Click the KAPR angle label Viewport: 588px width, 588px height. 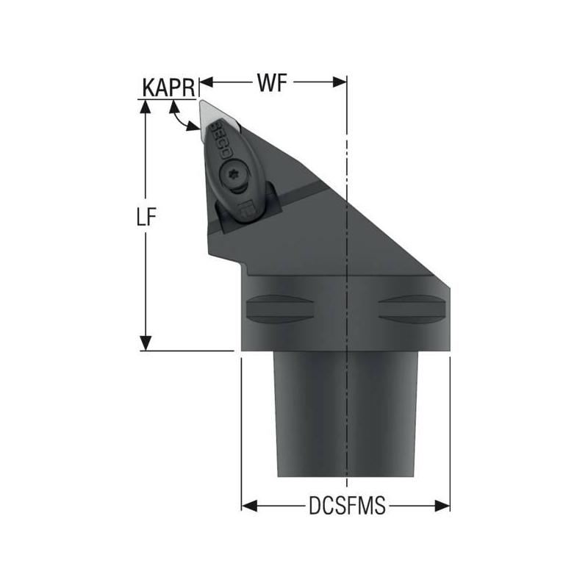coord(168,87)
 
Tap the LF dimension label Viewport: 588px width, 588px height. coord(148,220)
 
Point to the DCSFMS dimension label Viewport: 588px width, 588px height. coord(346,506)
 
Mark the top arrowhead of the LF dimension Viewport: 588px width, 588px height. coord(146,106)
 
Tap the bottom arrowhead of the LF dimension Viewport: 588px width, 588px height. coord(146,343)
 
